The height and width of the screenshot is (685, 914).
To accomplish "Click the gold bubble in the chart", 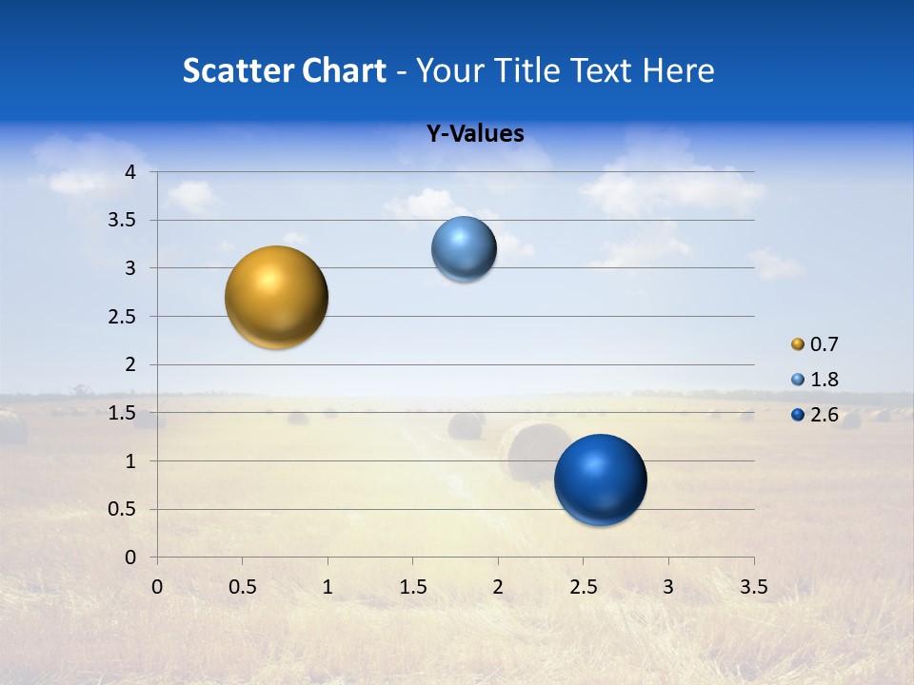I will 277,297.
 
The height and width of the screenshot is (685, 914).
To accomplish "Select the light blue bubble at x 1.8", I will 464,249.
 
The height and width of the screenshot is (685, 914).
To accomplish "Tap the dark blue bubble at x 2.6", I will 600,479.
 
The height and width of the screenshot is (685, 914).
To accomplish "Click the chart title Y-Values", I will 475,134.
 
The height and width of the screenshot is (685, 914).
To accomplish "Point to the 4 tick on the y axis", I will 131,171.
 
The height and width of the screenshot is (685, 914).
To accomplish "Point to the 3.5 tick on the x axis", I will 753,586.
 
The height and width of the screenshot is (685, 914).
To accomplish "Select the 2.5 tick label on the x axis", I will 583,586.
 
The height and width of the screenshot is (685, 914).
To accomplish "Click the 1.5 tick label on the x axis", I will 412,586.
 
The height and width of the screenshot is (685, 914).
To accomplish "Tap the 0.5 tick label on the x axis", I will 242,586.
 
